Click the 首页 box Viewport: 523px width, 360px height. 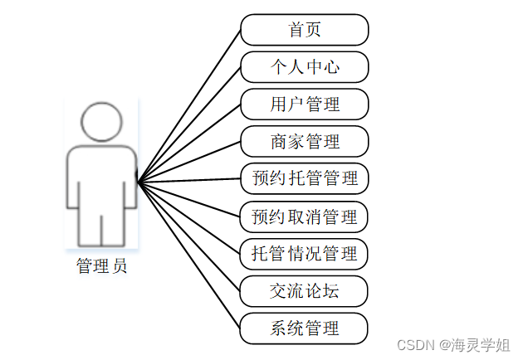305,30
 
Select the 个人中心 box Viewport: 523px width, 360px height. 305,67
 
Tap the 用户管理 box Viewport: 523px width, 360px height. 305,105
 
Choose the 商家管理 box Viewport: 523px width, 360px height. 305,142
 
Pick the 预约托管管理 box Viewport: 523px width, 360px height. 305,178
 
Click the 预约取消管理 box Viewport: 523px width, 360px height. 305,216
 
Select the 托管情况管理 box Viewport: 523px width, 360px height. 305,253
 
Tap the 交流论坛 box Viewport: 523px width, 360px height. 305,290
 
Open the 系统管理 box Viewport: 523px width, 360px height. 305,328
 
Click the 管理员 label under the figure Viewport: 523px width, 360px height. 101,265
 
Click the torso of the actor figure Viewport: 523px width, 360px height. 101,178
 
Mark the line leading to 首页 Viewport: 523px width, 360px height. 189,105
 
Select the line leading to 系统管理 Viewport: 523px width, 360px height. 189,255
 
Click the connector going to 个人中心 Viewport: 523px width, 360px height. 189,124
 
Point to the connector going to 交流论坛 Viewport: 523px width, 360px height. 189,236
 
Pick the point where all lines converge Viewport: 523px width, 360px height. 138,181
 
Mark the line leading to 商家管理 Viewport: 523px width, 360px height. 189,161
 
